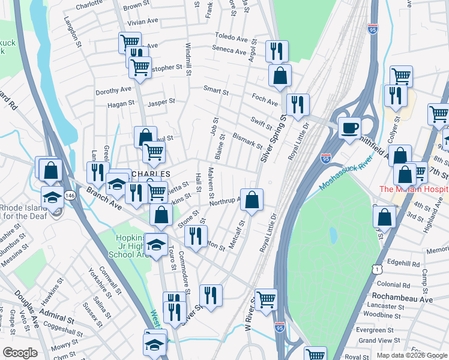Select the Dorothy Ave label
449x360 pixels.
point(113,90)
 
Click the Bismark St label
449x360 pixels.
point(247,141)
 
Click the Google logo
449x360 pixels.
point(20,353)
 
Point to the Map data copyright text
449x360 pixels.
point(412,355)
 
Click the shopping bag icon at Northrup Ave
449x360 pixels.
point(252,200)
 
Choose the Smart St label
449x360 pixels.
point(216,91)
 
